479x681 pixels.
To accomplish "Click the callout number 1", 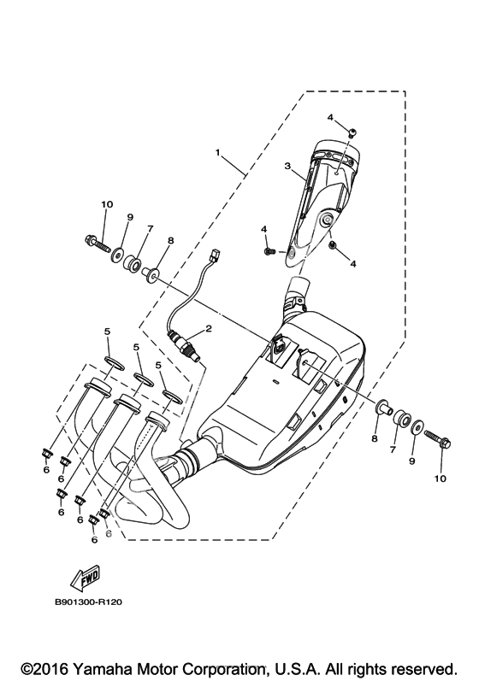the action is (x=217, y=152).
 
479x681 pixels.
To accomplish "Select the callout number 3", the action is (x=287, y=166).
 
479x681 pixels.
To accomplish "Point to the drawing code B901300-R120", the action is (x=88, y=602).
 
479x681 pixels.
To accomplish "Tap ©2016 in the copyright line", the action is (x=46, y=667).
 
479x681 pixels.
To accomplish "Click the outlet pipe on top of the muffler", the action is (x=298, y=291).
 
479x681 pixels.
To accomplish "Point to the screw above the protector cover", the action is (x=352, y=132).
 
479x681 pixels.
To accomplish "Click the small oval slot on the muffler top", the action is (x=275, y=381).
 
